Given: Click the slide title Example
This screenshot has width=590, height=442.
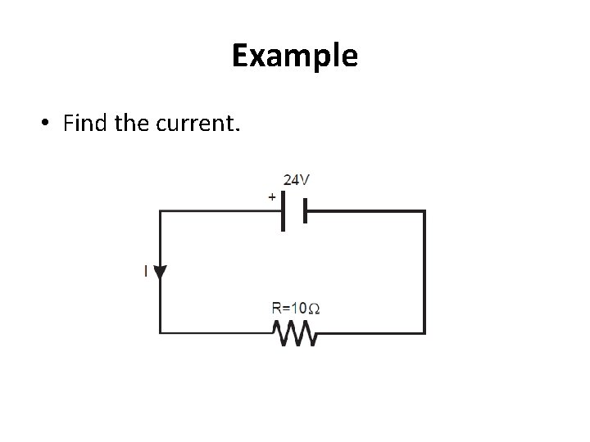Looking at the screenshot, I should [x=294, y=56].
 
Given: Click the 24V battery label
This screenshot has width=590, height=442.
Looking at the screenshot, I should [x=297, y=179].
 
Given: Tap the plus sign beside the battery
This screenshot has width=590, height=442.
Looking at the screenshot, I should [x=272, y=197].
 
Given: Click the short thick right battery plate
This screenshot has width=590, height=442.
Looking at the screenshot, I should [x=304, y=211].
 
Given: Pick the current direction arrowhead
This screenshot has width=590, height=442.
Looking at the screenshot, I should [x=161, y=272].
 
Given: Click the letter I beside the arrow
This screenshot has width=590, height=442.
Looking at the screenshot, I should [x=146, y=271].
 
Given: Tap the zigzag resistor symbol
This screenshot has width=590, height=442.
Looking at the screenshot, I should [x=294, y=333].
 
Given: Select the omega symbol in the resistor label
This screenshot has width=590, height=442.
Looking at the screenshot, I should [x=315, y=309].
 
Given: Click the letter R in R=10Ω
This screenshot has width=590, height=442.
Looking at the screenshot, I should [x=277, y=309].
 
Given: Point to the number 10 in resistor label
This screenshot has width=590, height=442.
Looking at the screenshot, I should [x=300, y=309].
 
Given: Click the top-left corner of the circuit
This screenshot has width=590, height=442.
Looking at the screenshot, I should [x=161, y=211].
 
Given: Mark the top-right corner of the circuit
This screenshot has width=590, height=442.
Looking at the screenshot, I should [x=424, y=211].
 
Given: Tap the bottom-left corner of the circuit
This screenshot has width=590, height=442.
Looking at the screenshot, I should [x=161, y=332].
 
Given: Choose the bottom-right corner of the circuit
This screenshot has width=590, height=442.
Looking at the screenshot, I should [x=424, y=332].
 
